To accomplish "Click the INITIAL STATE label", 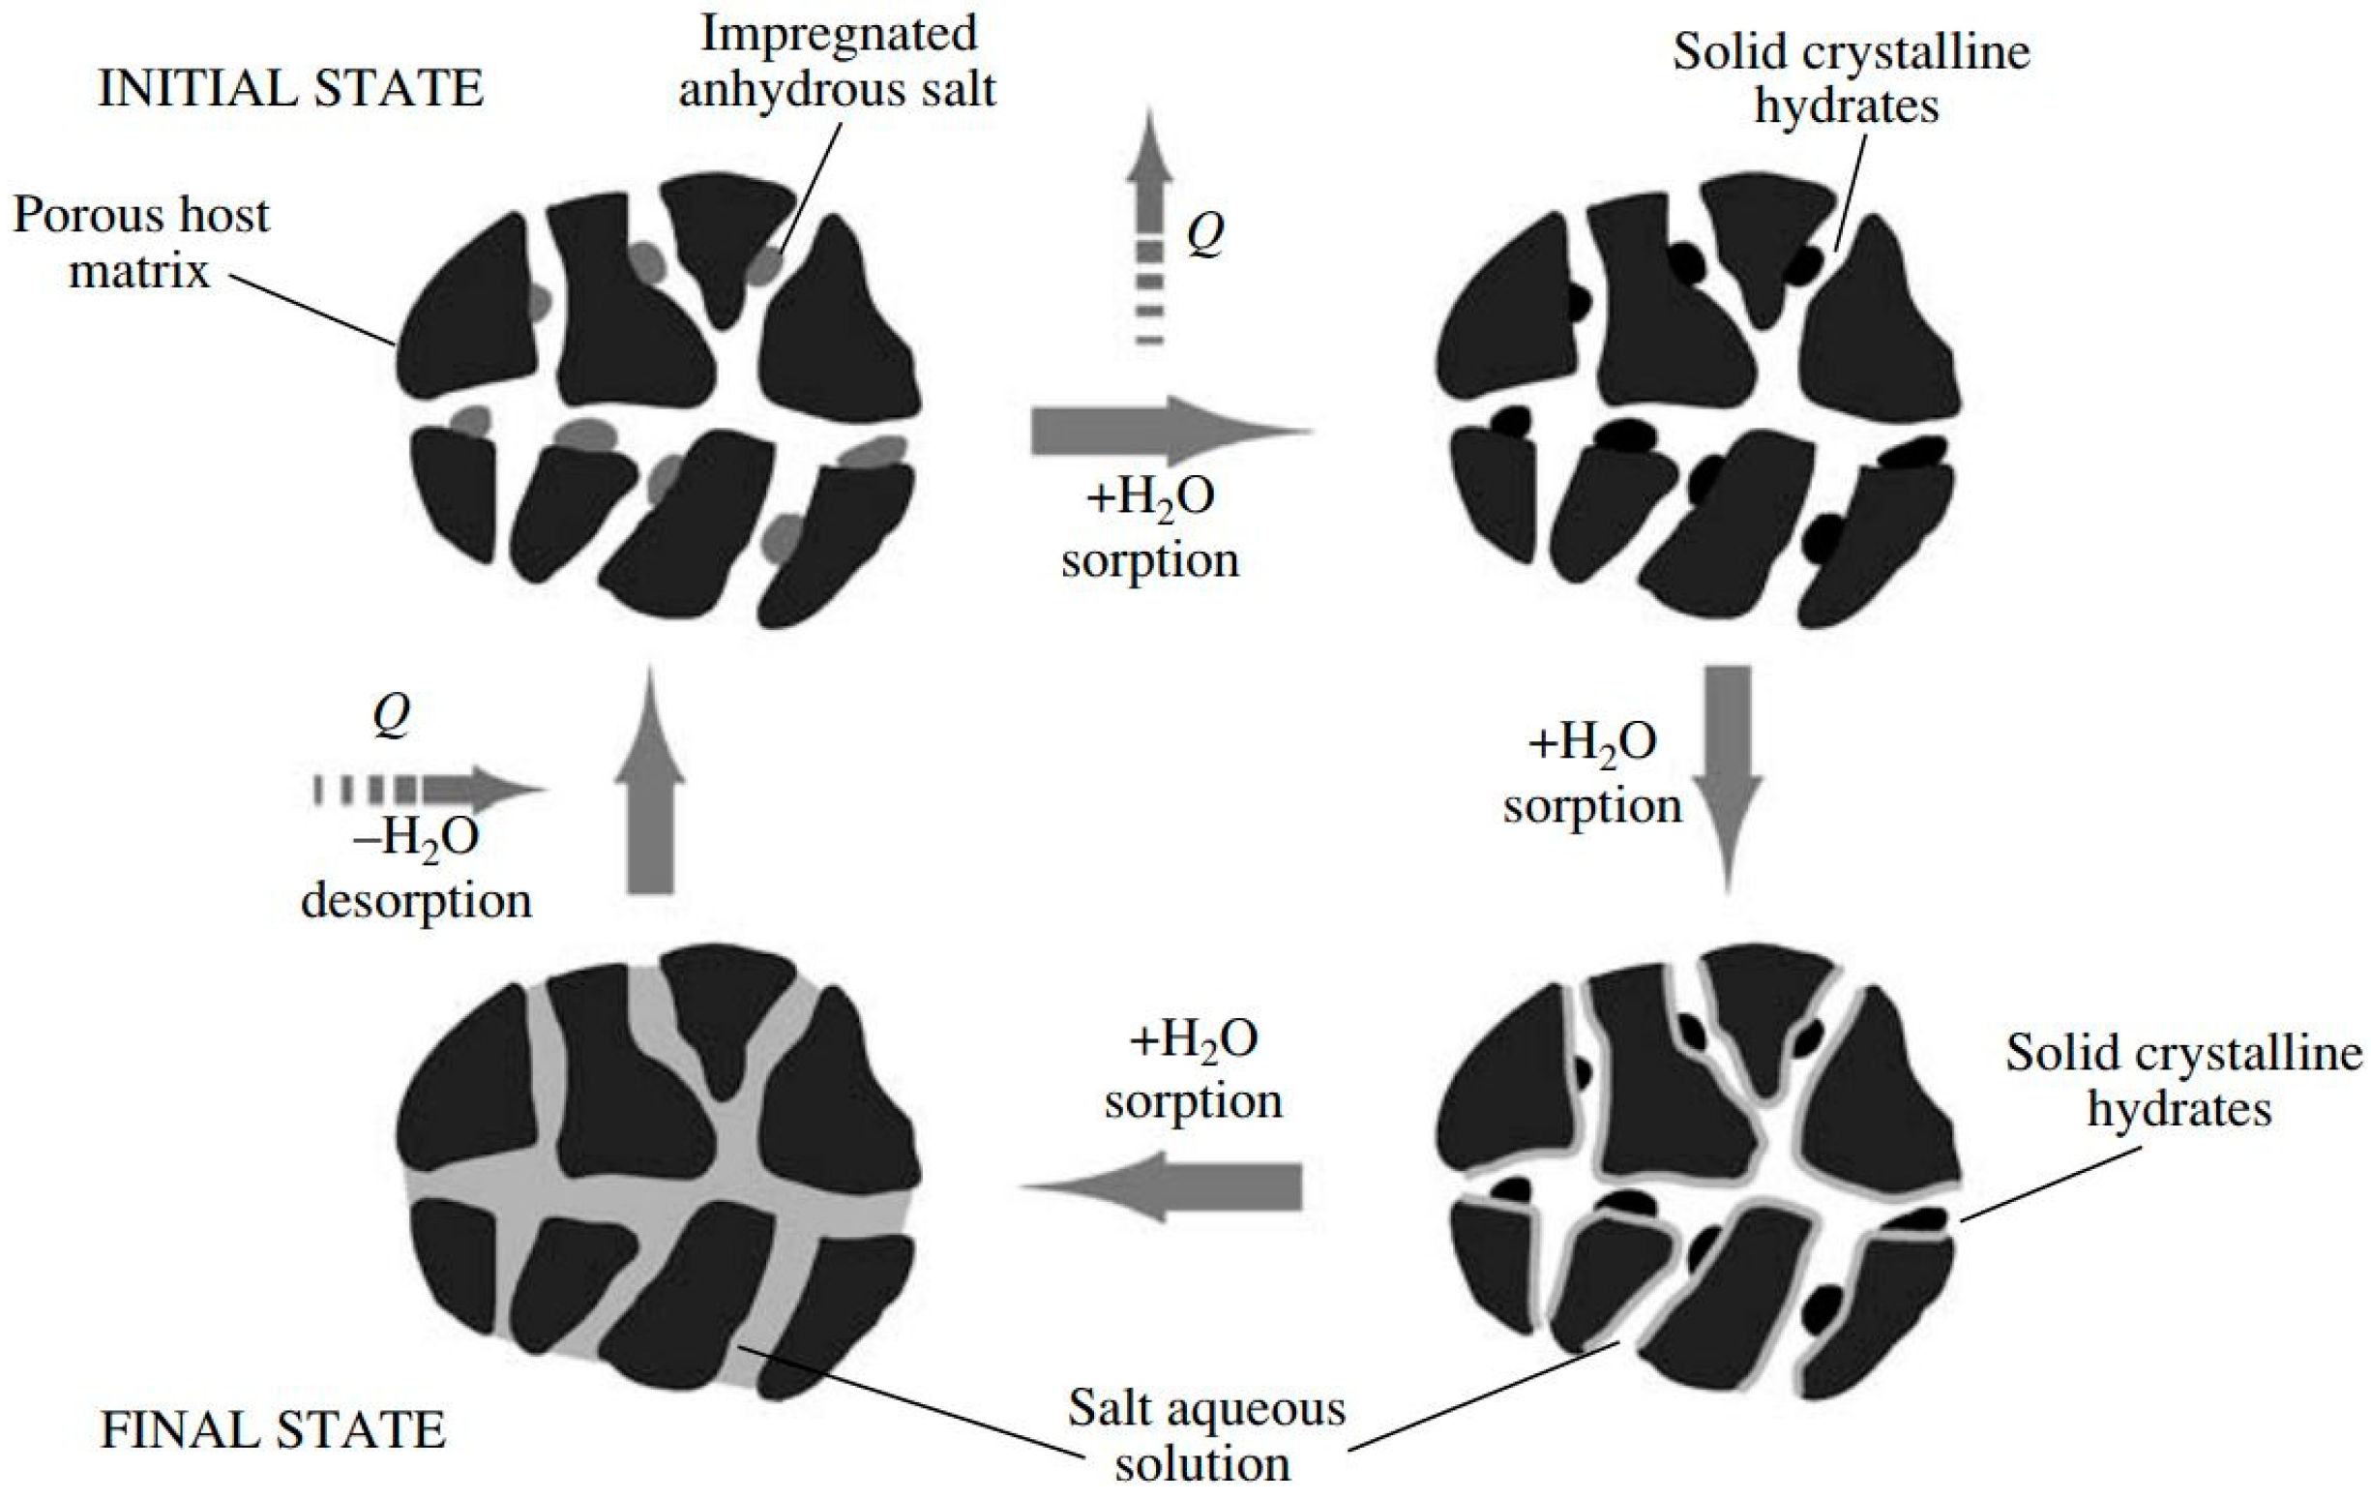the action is [x=290, y=89].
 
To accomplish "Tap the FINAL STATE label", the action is [x=273, y=1429].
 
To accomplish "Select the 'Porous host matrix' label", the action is [x=141, y=242].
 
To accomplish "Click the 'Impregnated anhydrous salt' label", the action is [x=838, y=61].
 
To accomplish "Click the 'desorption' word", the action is [x=417, y=900].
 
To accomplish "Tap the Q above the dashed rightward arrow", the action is [x=392, y=716].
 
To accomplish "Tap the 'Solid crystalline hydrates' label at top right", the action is [x=1852, y=78].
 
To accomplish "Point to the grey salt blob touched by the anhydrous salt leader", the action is [x=763, y=265].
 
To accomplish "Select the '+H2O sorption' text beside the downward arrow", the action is [x=1592, y=774].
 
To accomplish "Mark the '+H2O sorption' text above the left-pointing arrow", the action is [x=1194, y=1069].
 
